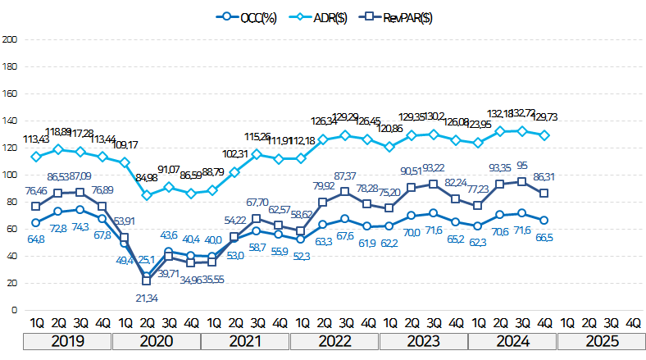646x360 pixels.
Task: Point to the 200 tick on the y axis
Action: click(x=10, y=39)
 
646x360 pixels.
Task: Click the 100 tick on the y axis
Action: click(x=10, y=175)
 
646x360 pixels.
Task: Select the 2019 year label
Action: click(x=68, y=341)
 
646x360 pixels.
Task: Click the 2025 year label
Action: click(x=601, y=341)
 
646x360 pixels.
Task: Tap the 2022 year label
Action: click(x=334, y=341)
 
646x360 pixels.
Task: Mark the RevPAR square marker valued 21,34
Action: click(x=147, y=280)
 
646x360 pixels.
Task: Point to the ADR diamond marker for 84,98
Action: click(x=147, y=195)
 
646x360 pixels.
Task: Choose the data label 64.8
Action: click(x=35, y=239)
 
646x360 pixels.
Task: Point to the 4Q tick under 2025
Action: click(x=634, y=323)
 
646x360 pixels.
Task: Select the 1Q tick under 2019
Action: click(x=35, y=323)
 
